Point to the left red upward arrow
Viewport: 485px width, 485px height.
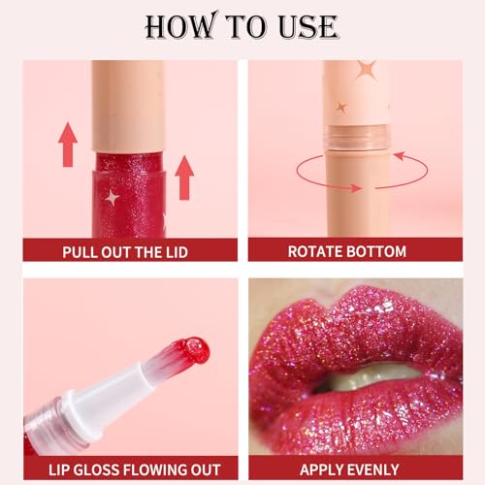(67, 145)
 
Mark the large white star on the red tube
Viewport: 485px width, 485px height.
(113, 198)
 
